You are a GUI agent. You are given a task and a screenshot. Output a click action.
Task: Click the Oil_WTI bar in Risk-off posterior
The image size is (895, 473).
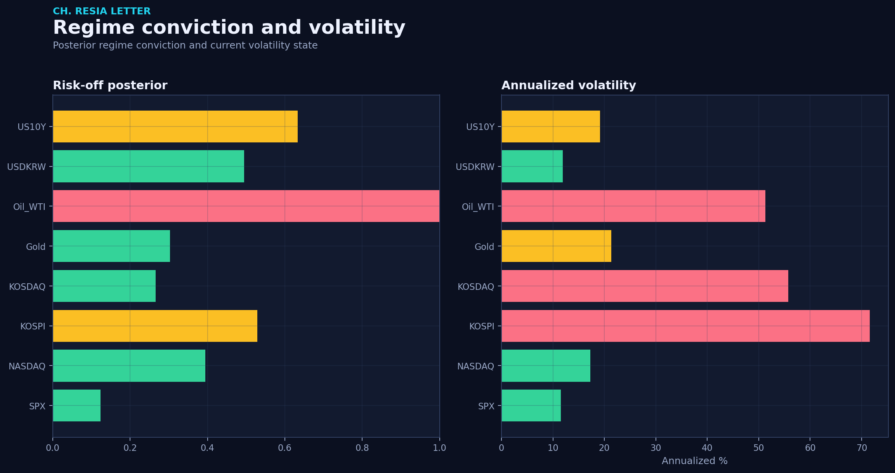point(246,206)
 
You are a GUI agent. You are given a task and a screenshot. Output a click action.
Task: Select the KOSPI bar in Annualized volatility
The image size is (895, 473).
point(685,326)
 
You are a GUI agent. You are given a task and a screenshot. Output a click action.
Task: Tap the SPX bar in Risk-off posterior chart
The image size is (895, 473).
point(76,405)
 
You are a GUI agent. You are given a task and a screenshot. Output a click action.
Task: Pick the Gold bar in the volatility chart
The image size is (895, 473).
point(556,246)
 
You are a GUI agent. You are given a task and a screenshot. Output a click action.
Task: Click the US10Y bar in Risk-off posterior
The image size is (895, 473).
point(175,126)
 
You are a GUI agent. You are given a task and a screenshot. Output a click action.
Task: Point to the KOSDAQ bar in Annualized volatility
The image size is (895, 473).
point(645,286)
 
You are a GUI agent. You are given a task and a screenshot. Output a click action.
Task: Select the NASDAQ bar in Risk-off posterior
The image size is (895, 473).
point(129,366)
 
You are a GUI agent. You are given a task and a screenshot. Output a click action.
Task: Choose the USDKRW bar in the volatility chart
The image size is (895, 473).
point(532,166)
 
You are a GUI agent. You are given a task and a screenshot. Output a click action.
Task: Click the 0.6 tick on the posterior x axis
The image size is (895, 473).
point(284,448)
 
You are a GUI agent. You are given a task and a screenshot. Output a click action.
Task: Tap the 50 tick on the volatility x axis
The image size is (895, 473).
point(758,448)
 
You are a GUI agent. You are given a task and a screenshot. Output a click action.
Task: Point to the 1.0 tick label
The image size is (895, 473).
point(439,448)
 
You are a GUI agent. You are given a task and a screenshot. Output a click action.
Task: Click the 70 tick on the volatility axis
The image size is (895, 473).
point(862,448)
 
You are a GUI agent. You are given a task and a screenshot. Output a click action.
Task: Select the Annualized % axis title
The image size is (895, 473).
point(695,461)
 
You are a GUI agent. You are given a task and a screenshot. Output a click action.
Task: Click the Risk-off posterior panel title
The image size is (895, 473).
point(110,85)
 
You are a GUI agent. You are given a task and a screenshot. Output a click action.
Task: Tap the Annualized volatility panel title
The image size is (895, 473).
point(569,85)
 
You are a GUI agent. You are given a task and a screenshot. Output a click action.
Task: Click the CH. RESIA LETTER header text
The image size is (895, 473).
point(102,11)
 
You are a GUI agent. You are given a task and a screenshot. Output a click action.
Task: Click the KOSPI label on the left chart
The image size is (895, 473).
point(33,326)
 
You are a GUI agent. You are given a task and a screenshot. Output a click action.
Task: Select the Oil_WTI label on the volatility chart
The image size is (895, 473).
point(478,207)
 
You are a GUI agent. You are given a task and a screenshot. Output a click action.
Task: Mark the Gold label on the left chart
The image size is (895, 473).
point(36,247)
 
